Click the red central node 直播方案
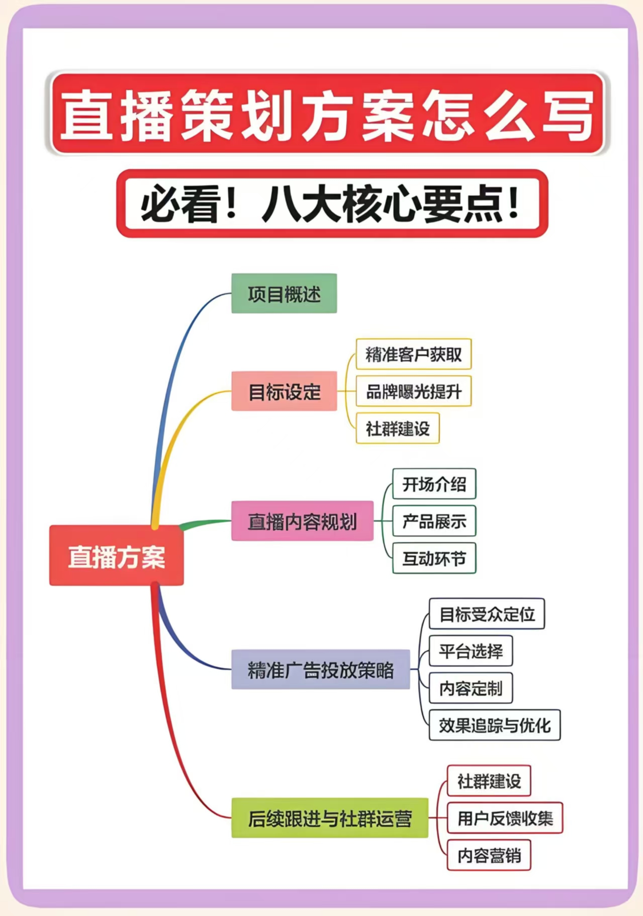(x=116, y=556)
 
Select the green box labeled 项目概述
(x=284, y=294)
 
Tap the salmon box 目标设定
(x=284, y=391)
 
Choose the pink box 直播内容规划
(x=302, y=521)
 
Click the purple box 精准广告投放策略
(x=320, y=669)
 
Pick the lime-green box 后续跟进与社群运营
(x=329, y=818)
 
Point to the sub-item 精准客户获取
(x=413, y=354)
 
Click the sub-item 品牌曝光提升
(x=413, y=391)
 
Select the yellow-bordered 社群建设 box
(x=398, y=428)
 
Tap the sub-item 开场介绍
(x=434, y=484)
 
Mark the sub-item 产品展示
(x=434, y=521)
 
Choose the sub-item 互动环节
(x=434, y=558)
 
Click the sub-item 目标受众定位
(x=487, y=613)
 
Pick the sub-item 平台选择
(x=471, y=651)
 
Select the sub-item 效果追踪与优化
(x=494, y=725)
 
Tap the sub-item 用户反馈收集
(x=505, y=818)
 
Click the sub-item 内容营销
(x=489, y=855)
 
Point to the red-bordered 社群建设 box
(x=489, y=781)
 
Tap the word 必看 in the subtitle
(x=181, y=204)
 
